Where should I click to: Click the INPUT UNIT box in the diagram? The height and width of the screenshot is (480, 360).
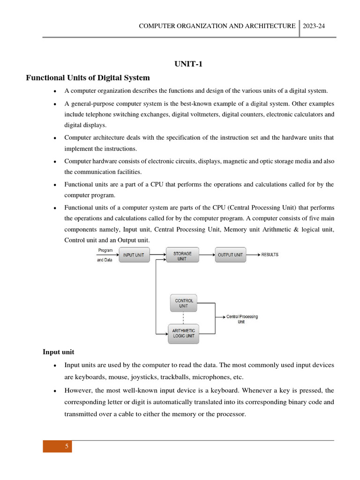click(x=134, y=255)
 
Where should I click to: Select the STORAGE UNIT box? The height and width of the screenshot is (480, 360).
click(x=182, y=255)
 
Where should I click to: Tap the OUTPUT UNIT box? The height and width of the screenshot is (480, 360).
click(x=230, y=255)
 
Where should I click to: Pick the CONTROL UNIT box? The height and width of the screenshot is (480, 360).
click(x=184, y=303)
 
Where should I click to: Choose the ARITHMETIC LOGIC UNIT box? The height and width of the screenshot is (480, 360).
click(x=183, y=333)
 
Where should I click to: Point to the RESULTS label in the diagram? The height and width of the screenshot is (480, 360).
click(x=270, y=255)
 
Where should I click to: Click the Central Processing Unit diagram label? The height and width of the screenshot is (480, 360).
click(x=242, y=319)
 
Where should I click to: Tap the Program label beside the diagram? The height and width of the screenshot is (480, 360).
click(x=105, y=250)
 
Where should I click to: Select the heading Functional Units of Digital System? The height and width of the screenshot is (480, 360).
click(x=88, y=78)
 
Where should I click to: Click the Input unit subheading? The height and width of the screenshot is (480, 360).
click(x=58, y=352)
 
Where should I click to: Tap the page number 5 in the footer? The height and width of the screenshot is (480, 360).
click(x=67, y=446)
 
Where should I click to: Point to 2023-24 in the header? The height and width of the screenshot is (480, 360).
click(x=314, y=26)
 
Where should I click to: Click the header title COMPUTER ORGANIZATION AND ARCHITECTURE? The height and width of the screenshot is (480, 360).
click(x=217, y=26)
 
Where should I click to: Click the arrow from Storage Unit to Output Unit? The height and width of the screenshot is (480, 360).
click(x=207, y=255)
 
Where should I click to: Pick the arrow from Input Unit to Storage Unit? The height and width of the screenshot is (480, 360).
click(x=158, y=255)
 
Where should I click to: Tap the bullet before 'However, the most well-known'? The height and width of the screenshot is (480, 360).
click(x=55, y=390)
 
